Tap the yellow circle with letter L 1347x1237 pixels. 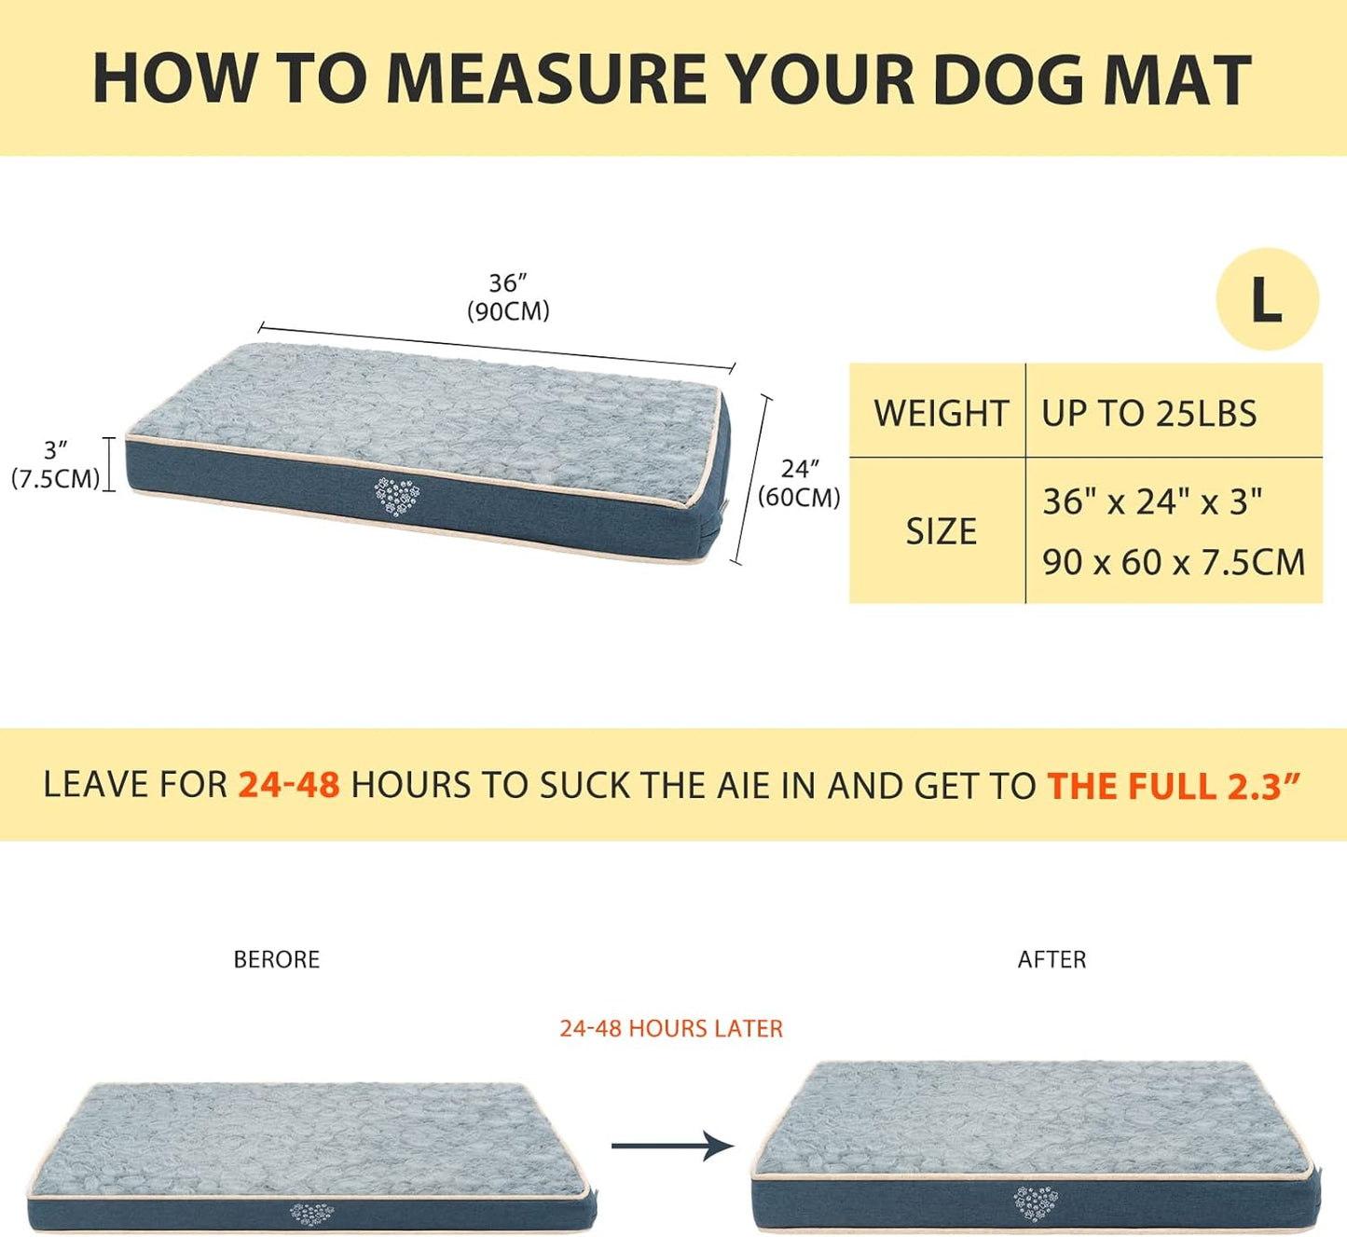[1267, 299]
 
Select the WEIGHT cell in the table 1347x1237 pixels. [940, 413]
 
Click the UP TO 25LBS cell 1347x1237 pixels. [1148, 413]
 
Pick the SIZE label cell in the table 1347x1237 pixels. [941, 531]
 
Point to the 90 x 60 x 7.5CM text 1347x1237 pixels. [1173, 562]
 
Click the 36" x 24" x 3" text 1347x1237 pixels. [1152, 502]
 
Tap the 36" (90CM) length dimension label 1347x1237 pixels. [508, 296]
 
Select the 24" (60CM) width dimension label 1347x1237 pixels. [799, 483]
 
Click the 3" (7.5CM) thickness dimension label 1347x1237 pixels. [55, 464]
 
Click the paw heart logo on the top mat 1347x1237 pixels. [396, 495]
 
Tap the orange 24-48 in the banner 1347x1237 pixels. [289, 785]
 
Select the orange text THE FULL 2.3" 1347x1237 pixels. [1173, 786]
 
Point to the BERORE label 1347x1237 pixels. [276, 959]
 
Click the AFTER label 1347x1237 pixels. [1051, 959]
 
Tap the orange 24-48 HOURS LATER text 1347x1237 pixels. [671, 1028]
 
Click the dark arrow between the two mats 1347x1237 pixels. [672, 1146]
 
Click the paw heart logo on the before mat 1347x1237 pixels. [311, 1214]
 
